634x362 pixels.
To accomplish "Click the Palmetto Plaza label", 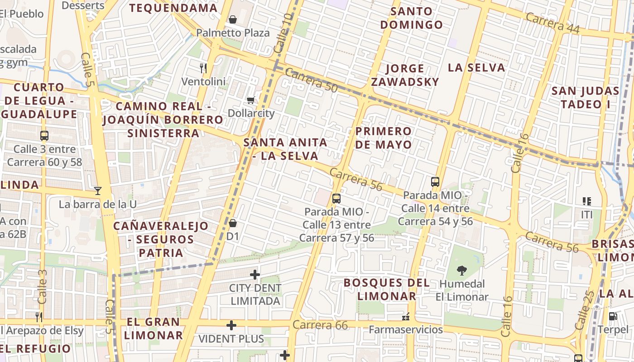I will (233, 33).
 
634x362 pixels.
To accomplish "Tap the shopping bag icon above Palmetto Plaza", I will (233, 19).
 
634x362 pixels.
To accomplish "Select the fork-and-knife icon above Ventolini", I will (203, 68).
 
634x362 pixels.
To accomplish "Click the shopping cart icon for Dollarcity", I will (251, 100).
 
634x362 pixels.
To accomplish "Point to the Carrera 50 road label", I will (311, 81).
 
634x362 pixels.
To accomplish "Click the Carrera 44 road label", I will (552, 23).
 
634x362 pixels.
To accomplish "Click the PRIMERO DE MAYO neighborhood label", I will (384, 138).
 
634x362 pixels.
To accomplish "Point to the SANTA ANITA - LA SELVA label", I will (285, 149).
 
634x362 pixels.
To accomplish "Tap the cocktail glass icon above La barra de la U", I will (97, 191).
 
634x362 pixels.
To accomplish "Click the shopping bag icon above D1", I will (233, 223).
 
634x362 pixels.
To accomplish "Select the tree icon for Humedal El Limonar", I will (462, 271).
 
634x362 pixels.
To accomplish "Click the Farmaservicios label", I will (406, 329).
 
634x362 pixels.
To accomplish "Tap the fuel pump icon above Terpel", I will (613, 316).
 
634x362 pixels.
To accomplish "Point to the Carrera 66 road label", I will (320, 325).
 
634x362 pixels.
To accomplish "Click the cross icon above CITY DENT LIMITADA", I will (255, 274).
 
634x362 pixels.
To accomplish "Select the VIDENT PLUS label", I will (231, 338).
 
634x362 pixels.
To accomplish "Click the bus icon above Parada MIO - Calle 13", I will (336, 198).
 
